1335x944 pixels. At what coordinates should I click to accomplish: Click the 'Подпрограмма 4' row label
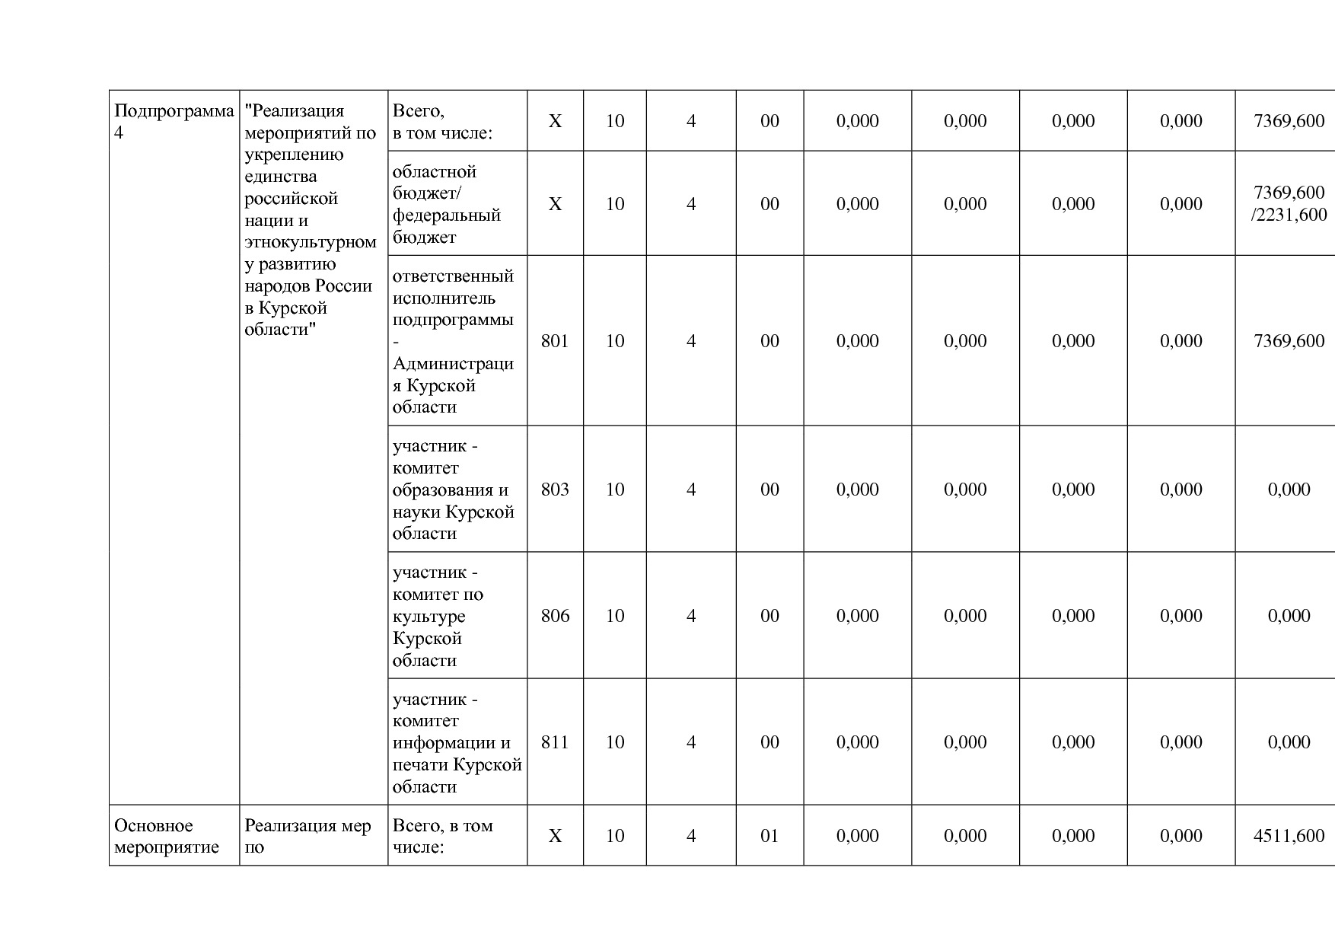tap(174, 122)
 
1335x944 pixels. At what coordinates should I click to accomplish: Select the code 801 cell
tap(555, 341)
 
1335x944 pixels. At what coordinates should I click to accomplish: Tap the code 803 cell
tap(555, 490)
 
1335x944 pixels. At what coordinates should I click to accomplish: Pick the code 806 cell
tap(555, 616)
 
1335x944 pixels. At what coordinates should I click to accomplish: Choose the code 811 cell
tap(555, 742)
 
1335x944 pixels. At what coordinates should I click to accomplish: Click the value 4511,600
tap(1289, 836)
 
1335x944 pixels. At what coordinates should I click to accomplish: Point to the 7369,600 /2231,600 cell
tap(1289, 204)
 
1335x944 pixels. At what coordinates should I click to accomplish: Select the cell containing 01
tap(769, 836)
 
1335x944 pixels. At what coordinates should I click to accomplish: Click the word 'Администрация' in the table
tap(453, 364)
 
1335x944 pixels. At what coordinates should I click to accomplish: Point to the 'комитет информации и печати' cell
tap(457, 742)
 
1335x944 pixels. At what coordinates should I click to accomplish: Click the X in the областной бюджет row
tap(555, 204)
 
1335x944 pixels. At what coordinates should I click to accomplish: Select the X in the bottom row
tap(555, 836)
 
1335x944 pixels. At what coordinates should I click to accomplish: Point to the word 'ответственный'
tap(453, 276)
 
